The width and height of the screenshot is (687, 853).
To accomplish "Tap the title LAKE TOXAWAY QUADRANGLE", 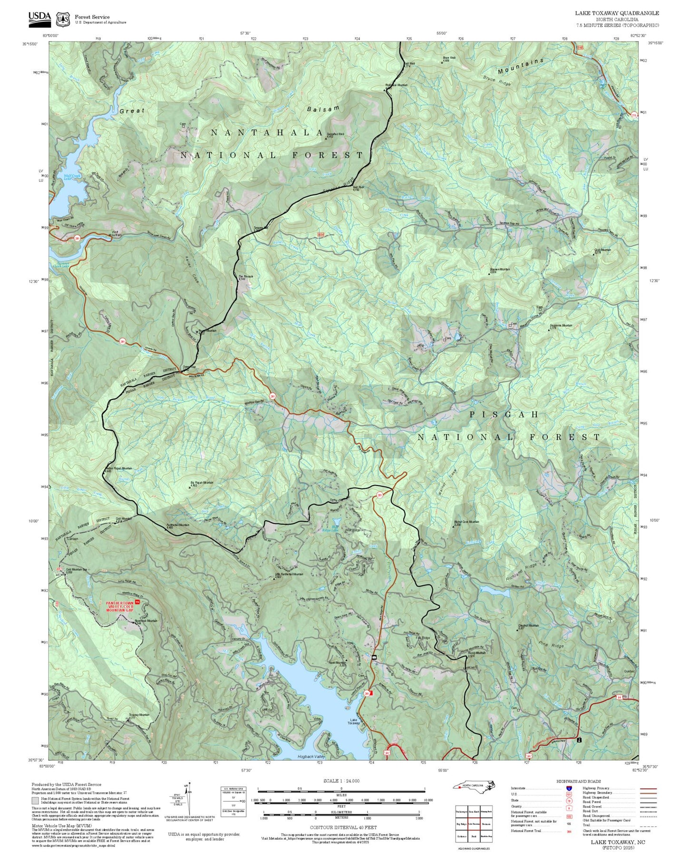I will [x=617, y=13].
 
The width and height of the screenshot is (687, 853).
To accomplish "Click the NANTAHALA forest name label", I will [x=267, y=133].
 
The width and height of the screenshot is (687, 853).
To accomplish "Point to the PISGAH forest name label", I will [x=504, y=415].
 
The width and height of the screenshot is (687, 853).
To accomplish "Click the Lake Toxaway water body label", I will [x=353, y=721].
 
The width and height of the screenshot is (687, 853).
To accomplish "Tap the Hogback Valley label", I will [x=311, y=756].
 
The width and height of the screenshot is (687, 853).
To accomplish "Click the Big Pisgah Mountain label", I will [x=202, y=483].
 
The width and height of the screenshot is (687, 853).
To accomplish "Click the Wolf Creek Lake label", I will [x=74, y=177].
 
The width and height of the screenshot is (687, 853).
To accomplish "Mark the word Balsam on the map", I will [x=323, y=108].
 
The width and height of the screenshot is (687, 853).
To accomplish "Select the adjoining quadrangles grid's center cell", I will [x=474, y=824].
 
